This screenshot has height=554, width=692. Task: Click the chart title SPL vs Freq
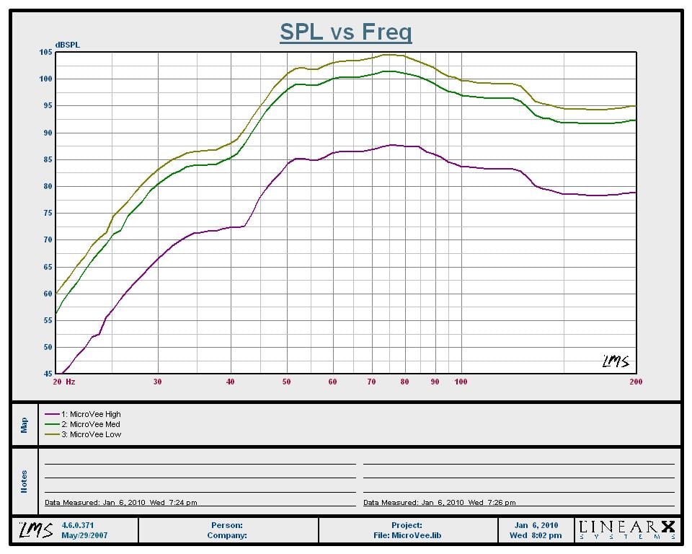(345, 32)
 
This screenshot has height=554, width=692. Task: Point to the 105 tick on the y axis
(46, 52)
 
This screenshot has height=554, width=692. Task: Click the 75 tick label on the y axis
(48, 213)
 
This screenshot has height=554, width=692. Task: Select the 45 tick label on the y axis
(48, 374)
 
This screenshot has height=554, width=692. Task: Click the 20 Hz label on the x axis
(64, 382)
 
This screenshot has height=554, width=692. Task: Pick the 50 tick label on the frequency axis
(287, 382)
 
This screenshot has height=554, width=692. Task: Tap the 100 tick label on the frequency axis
(461, 382)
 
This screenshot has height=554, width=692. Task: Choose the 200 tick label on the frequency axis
(635, 382)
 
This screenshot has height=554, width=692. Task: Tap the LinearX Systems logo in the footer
(626, 530)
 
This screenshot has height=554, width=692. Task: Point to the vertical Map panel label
(24, 425)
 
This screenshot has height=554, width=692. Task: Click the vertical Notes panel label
(24, 481)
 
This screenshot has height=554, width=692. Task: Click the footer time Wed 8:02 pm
(536, 535)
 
